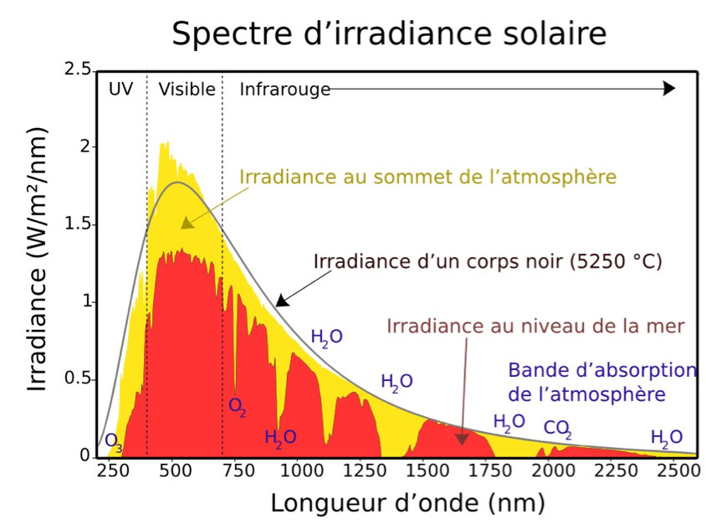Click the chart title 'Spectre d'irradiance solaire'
[x=388, y=34]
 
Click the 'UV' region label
[x=120, y=89]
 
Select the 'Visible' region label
[x=187, y=89]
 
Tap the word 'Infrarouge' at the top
[x=284, y=89]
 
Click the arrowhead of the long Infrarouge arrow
[x=668, y=89]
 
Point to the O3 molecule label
[x=113, y=442]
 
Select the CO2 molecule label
[x=557, y=429]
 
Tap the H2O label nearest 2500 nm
[x=667, y=437]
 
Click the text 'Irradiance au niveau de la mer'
[x=535, y=326]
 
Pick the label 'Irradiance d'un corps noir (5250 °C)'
[x=488, y=260]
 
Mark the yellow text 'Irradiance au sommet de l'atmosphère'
[x=427, y=177]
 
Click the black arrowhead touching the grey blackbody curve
[x=282, y=300]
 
